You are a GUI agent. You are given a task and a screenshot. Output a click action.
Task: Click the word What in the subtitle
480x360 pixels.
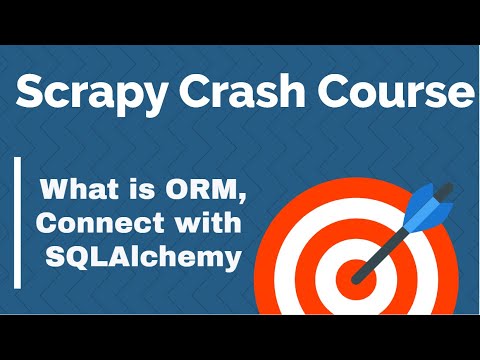[x=79, y=189]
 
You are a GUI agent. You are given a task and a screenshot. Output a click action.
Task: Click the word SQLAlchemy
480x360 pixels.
[x=143, y=257]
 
